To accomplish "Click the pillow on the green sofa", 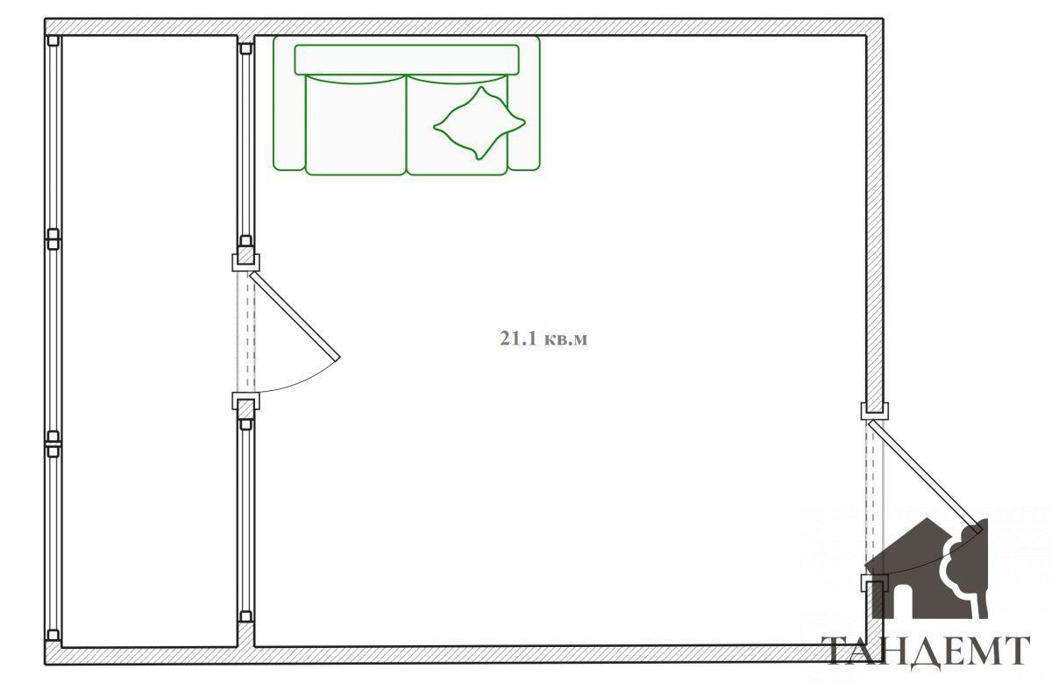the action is (479, 123).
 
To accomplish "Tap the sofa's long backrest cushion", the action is (407, 60).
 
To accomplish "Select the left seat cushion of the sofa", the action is (356, 125).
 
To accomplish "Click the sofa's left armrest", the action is (288, 103).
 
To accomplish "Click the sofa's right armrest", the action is (524, 103).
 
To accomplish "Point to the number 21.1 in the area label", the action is (518, 338).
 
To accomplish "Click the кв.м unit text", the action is (565, 339).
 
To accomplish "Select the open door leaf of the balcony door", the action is (295, 317).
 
